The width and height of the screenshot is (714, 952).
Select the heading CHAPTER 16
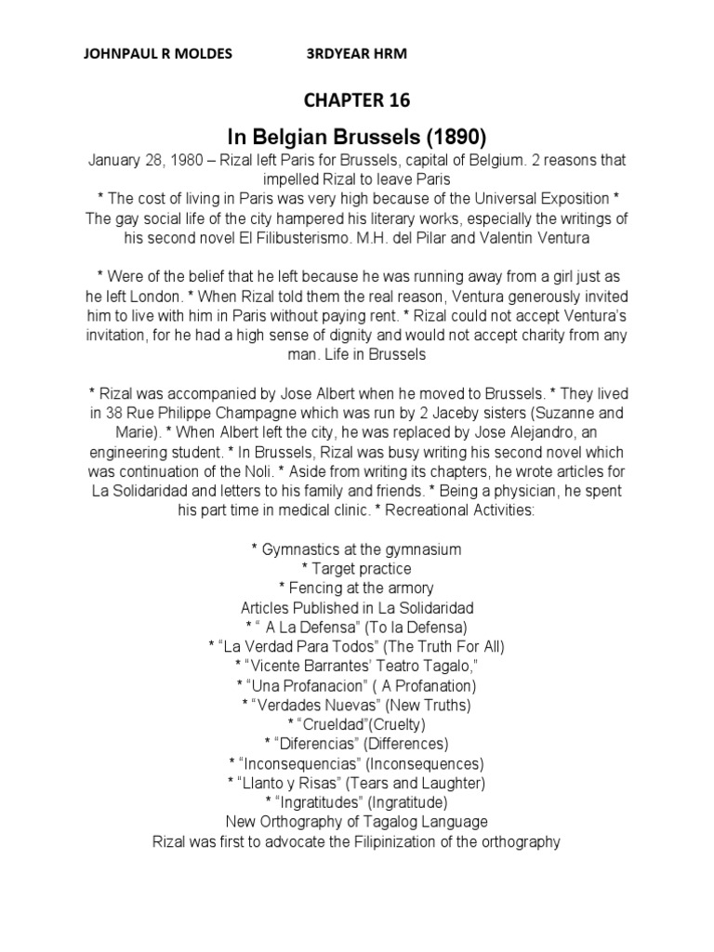coord(356,100)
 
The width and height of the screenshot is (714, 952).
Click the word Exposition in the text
coord(575,199)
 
